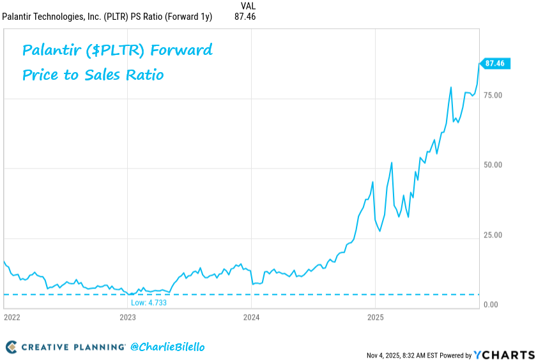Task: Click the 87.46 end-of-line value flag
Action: pyautogui.click(x=494, y=63)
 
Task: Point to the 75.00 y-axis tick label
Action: pyautogui.click(x=493, y=95)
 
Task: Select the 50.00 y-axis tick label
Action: pyautogui.click(x=493, y=165)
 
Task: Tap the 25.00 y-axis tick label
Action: pyautogui.click(x=493, y=235)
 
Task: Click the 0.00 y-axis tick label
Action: pyautogui.click(x=491, y=304)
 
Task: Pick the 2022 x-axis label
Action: pyautogui.click(x=12, y=317)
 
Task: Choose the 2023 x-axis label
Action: pyautogui.click(x=128, y=317)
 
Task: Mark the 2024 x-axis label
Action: pyautogui.click(x=251, y=317)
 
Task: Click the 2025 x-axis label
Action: pyautogui.click(x=375, y=317)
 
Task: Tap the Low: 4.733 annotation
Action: pyautogui.click(x=148, y=303)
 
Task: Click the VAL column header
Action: pyautogui.click(x=249, y=6)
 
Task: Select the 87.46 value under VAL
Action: pyautogui.click(x=245, y=17)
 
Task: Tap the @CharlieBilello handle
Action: pyautogui.click(x=167, y=347)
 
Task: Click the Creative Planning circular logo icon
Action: pyautogui.click(x=11, y=347)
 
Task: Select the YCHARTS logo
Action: pyautogui.click(x=504, y=354)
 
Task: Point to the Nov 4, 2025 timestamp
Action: pyautogui.click(x=387, y=355)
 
